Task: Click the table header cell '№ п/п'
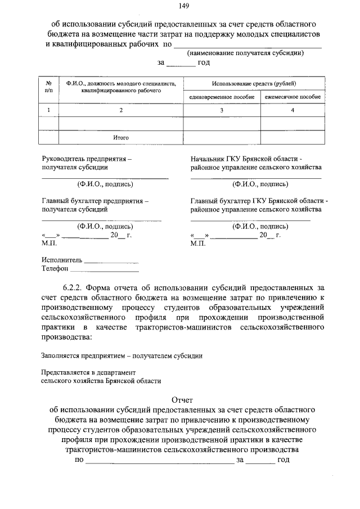(x=49, y=87)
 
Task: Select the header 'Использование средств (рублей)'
(x=254, y=83)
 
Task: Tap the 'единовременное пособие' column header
(x=222, y=97)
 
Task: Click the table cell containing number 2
(x=120, y=110)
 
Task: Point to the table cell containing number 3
(x=222, y=110)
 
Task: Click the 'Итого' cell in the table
(x=120, y=137)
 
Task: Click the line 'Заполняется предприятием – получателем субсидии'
(x=122, y=355)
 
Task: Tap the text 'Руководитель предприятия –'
(x=87, y=159)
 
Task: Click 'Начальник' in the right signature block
(x=207, y=159)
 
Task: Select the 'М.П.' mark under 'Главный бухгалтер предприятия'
(x=49, y=244)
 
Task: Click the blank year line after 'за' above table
(x=180, y=63)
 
